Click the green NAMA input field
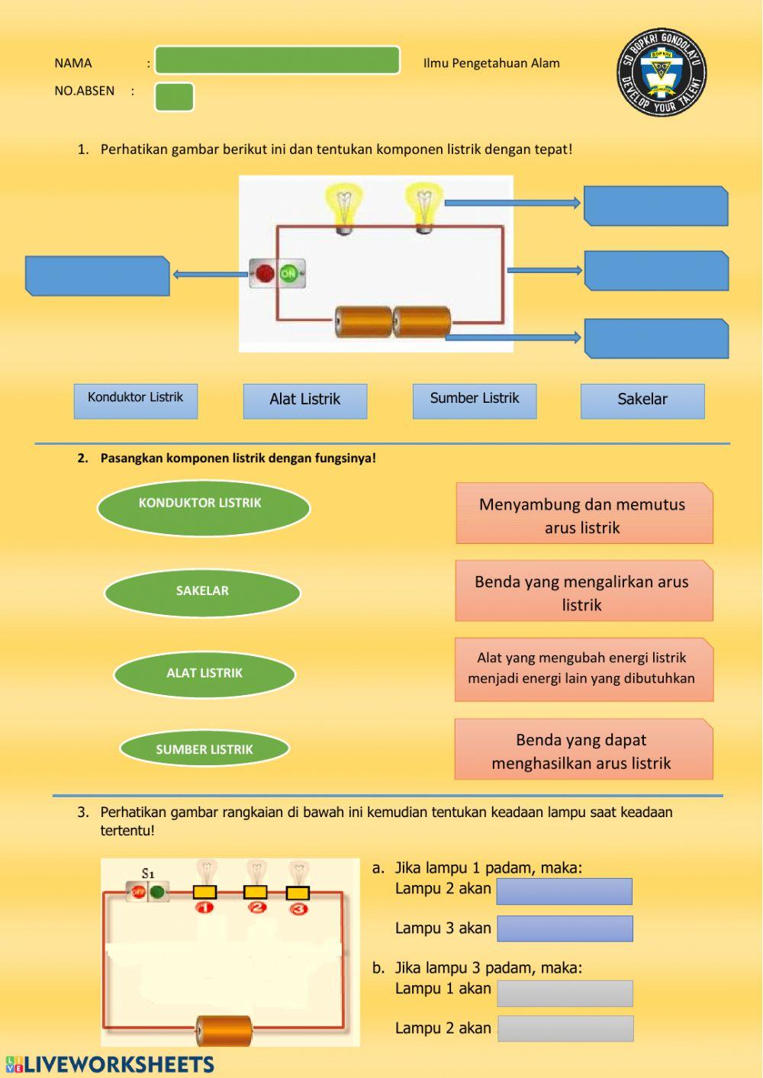(x=277, y=60)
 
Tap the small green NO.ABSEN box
(x=174, y=97)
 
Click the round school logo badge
(x=662, y=73)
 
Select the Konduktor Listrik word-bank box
(x=136, y=401)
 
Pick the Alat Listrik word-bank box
(x=305, y=401)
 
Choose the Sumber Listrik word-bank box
(x=475, y=401)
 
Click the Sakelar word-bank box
(x=642, y=401)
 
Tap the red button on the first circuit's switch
(x=264, y=273)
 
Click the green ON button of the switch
(x=289, y=273)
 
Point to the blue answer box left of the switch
(x=98, y=275)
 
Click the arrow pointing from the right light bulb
(x=512, y=203)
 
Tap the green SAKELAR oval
(x=202, y=593)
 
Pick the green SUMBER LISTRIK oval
(x=204, y=748)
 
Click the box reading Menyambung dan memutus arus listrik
(x=584, y=513)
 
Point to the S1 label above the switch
(x=148, y=874)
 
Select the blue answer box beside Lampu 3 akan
(x=565, y=928)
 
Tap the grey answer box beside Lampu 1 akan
(x=565, y=993)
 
